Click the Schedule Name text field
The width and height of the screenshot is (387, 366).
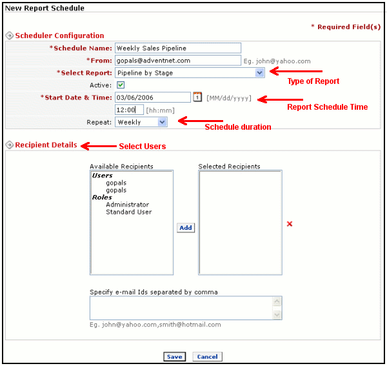pyautogui.click(x=178, y=48)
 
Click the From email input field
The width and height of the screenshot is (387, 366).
pyautogui.click(x=178, y=61)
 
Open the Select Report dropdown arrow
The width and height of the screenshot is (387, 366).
pyautogui.click(x=259, y=73)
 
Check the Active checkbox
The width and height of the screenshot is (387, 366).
pyautogui.click(x=121, y=85)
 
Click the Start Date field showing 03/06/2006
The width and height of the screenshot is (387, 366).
pyautogui.click(x=153, y=97)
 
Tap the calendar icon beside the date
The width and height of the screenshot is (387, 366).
pyautogui.click(x=197, y=97)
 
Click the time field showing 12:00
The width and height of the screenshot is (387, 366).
pyautogui.click(x=129, y=110)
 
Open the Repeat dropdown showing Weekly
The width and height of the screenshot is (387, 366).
pyautogui.click(x=141, y=122)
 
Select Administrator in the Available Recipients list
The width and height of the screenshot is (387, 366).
pyautogui.click(x=127, y=205)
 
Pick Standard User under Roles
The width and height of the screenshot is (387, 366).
pyautogui.click(x=129, y=212)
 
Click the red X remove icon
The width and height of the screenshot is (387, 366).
pyautogui.click(x=290, y=224)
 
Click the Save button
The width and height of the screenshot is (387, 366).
pyautogui.click(x=175, y=356)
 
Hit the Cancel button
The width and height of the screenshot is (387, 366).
pyautogui.click(x=207, y=356)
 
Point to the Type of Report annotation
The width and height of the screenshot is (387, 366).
pyautogui.click(x=313, y=81)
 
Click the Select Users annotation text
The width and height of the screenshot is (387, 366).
pyautogui.click(x=143, y=146)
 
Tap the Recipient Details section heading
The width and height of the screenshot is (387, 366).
pyautogui.click(x=46, y=145)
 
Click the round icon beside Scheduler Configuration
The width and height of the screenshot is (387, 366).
pyautogui.click(x=10, y=36)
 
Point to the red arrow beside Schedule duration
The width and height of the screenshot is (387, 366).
pyautogui.click(x=201, y=121)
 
